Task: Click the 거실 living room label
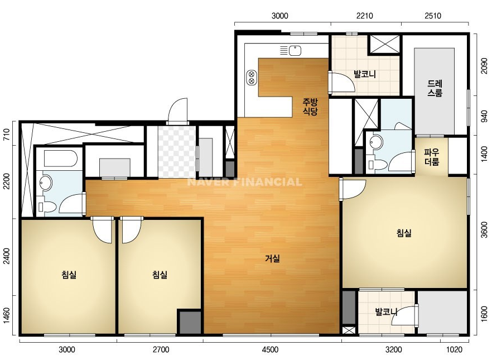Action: point(272,258)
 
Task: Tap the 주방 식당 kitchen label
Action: point(310,107)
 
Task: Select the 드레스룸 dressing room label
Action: point(435,88)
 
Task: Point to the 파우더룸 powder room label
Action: point(432,157)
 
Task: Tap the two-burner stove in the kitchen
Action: point(252,78)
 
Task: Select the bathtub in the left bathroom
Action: point(61,159)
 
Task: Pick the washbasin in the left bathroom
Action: point(46,183)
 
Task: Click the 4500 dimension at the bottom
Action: point(270,349)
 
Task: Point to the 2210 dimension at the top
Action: point(364,16)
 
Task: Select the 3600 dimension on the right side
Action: point(484,230)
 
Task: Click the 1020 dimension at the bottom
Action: point(454,349)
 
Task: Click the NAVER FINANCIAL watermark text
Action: point(245,182)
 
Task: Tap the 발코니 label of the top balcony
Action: point(365,74)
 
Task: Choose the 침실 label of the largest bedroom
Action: point(404,233)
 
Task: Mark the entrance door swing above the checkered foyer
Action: point(178,112)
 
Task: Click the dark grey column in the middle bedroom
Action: point(189,321)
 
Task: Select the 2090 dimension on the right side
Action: point(484,66)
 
